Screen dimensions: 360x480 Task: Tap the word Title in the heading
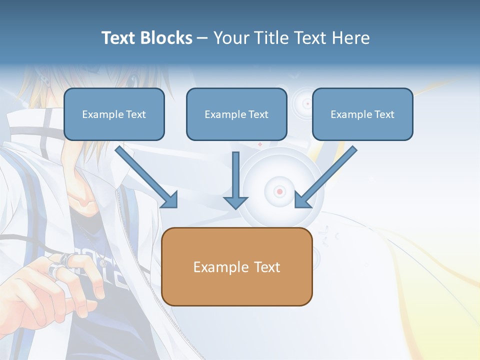[272, 38]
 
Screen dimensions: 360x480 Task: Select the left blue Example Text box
[114, 114]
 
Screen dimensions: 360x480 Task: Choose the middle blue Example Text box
[236, 114]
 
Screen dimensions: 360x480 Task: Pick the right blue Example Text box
[362, 114]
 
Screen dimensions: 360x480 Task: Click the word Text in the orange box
[267, 267]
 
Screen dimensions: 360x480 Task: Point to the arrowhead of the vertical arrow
[235, 202]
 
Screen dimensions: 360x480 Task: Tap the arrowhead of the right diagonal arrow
[302, 199]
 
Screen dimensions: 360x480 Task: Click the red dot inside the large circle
[279, 191]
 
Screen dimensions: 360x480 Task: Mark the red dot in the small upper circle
[307, 104]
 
